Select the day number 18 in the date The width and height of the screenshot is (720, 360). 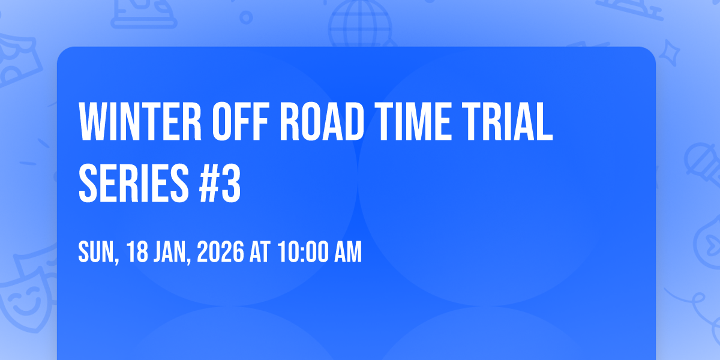point(137,252)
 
